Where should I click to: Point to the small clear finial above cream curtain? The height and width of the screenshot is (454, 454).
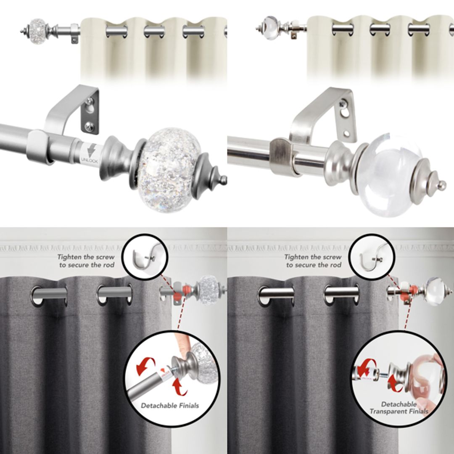click(x=271, y=28)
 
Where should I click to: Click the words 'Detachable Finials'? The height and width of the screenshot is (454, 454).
click(x=170, y=406)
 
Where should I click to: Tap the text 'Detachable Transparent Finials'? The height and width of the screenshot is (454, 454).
click(x=399, y=408)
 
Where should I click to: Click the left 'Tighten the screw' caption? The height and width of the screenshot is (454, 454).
click(x=86, y=261)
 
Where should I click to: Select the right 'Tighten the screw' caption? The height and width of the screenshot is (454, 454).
click(x=313, y=261)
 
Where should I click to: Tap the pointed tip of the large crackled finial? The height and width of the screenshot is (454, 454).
click(x=223, y=180)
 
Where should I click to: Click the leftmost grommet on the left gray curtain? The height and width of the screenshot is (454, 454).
click(x=49, y=295)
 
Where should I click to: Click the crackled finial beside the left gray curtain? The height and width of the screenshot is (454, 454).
click(x=208, y=288)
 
